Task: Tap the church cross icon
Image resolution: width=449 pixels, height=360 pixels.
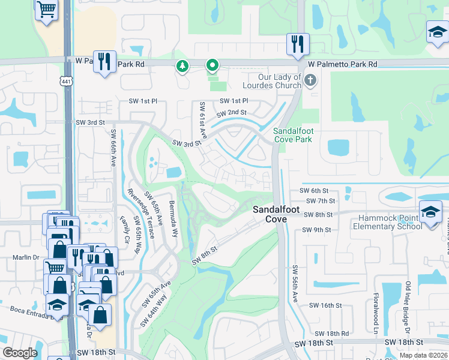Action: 310,80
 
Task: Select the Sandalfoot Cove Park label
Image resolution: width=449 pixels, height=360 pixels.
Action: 293,135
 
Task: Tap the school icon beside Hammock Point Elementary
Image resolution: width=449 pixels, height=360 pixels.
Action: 430,213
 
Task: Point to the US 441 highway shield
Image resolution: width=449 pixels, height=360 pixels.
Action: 65,80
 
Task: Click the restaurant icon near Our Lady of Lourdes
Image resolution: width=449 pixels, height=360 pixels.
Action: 297,44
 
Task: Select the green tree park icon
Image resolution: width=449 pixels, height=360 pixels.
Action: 181,66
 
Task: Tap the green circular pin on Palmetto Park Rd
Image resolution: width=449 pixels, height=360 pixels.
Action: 212,65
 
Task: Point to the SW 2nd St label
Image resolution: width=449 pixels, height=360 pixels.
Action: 232,113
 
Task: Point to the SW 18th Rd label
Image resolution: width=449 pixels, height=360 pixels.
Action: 335,333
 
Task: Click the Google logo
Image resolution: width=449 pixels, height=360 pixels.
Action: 20,353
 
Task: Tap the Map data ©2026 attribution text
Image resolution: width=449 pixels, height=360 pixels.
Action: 423,355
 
